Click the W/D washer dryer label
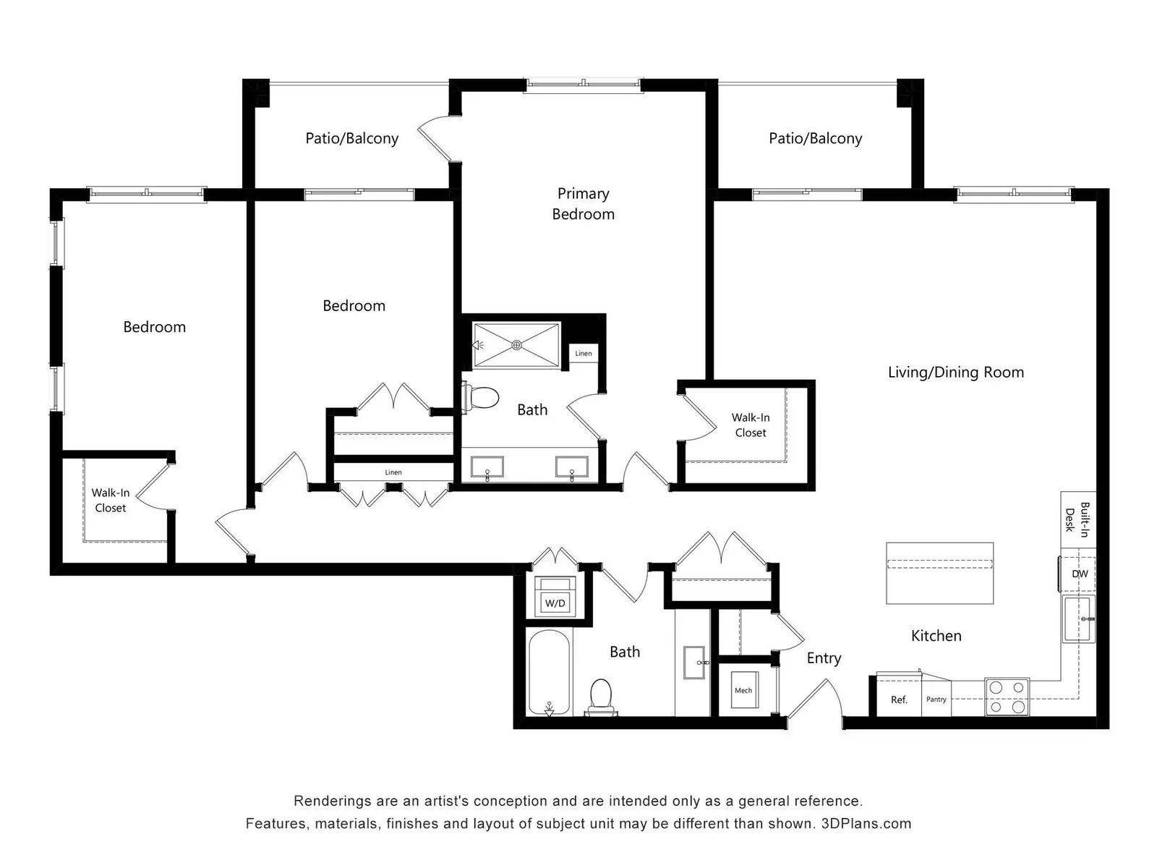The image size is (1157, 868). (x=555, y=603)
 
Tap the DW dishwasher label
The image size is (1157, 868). (x=1080, y=574)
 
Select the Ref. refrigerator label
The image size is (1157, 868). (x=899, y=700)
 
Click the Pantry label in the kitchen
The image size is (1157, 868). (x=936, y=699)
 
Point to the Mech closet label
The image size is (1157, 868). (x=743, y=690)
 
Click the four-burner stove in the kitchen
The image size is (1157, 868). (x=1007, y=697)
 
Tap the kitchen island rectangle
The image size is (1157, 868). (x=940, y=574)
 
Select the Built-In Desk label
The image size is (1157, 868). (x=1077, y=519)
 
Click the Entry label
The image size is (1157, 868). (x=824, y=658)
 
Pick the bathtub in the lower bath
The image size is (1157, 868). (x=549, y=673)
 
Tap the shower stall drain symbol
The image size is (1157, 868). (x=516, y=345)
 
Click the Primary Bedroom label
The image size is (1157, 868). (x=583, y=204)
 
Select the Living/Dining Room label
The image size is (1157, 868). (x=956, y=373)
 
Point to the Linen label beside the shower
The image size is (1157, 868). (x=584, y=353)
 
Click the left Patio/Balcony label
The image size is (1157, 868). (x=351, y=139)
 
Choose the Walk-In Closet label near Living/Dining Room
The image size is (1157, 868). (x=751, y=425)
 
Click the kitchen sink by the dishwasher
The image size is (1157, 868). (x=1078, y=619)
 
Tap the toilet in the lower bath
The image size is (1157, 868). (x=601, y=697)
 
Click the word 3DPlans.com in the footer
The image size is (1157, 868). (x=866, y=824)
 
